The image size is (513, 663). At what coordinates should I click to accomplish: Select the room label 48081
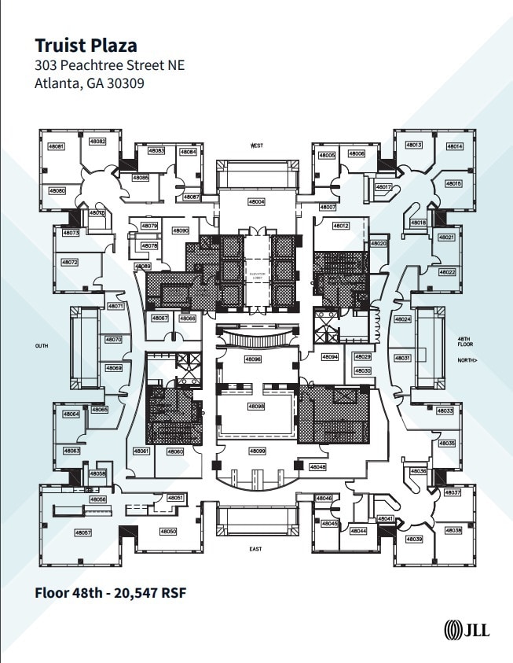(57, 147)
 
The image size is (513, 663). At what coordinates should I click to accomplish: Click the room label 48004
(257, 202)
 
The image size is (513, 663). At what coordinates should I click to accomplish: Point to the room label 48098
(256, 406)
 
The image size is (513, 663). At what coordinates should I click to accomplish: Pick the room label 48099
(257, 451)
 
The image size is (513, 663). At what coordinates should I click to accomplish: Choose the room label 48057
(83, 532)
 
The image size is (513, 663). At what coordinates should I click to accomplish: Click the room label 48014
(455, 146)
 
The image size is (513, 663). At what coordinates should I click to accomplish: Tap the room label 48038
(453, 531)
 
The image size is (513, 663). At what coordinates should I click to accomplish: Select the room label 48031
(402, 358)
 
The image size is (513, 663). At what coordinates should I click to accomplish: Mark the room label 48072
(70, 262)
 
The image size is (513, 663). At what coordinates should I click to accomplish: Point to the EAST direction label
(256, 548)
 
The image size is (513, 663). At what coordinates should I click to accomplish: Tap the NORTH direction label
(467, 361)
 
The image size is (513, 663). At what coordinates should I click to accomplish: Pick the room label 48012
(341, 226)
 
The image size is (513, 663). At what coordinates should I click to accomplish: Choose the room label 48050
(169, 532)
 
